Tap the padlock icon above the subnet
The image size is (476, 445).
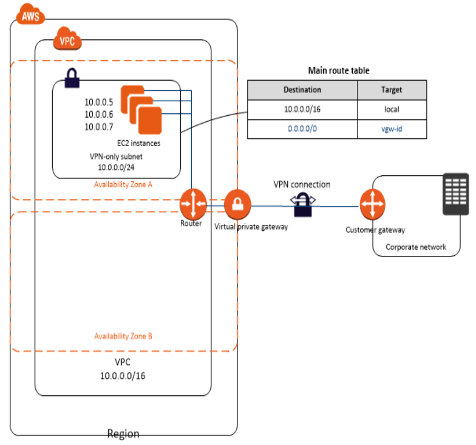72,78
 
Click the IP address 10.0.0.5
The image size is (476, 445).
98,102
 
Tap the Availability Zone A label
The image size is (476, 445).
123,184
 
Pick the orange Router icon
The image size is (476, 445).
194,204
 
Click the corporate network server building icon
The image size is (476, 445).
456,193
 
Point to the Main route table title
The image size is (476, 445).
339,71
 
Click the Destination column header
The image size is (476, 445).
302,90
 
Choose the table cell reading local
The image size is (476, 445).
392,110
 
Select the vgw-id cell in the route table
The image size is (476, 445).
392,129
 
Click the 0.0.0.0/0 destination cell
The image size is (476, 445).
302,129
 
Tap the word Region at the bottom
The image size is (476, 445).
123,434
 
